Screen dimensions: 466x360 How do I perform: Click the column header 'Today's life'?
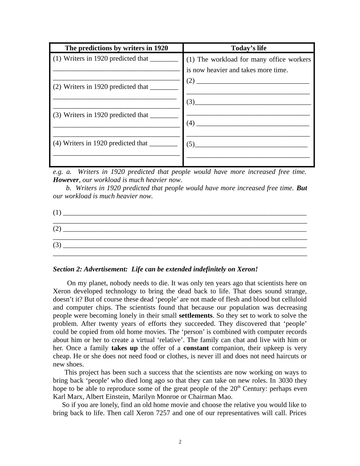249,48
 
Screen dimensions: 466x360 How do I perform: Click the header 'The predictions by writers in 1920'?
116,48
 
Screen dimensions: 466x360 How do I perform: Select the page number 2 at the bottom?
180,442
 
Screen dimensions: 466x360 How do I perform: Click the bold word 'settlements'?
196,316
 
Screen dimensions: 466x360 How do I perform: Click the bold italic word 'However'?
66,180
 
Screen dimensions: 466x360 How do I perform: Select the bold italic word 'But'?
302,188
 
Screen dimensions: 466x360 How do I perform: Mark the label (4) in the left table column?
57,143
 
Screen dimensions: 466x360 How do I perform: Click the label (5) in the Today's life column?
190,144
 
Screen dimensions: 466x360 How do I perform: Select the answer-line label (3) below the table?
57,245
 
